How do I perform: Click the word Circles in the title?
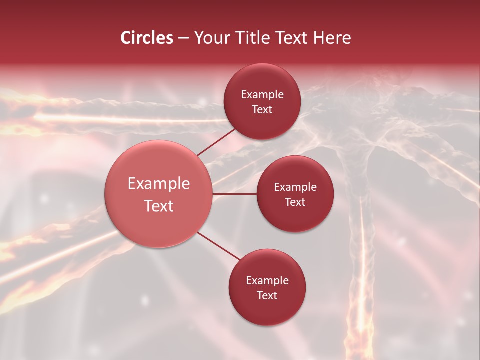[x=146, y=38]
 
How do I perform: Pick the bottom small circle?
[x=267, y=312]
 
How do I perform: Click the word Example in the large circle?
[x=159, y=184]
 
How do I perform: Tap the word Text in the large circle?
[x=159, y=206]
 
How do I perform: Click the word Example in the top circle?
[x=262, y=95]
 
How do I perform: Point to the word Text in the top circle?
[x=262, y=110]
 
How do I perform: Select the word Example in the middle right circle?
[x=295, y=187]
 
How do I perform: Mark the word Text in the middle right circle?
[x=295, y=202]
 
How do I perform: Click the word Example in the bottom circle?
[x=267, y=281]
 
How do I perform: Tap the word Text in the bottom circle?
[x=267, y=296]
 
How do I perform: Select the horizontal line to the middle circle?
[x=235, y=194]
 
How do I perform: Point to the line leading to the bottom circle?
[x=219, y=246]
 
